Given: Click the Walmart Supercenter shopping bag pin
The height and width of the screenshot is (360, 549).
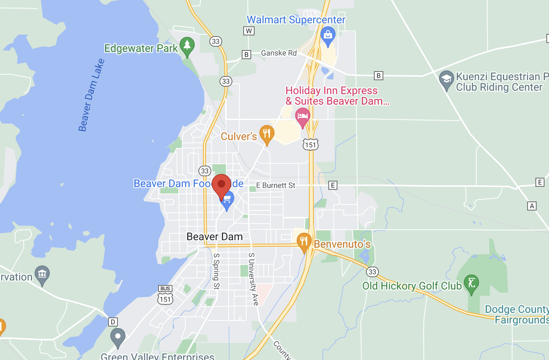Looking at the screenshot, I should [x=328, y=35].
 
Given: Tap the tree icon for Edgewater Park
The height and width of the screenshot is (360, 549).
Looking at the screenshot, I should [x=187, y=46].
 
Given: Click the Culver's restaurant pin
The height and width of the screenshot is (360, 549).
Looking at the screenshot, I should [x=267, y=134].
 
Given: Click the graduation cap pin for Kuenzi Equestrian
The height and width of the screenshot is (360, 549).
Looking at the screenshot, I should [x=447, y=79].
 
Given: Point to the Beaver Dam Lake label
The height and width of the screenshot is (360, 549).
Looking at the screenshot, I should [x=91, y=95].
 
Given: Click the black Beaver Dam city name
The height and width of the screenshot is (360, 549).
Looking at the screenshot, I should [x=215, y=236].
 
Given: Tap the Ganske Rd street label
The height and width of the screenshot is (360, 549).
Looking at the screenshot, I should [x=279, y=53].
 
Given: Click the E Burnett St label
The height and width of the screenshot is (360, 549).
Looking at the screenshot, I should [x=276, y=185].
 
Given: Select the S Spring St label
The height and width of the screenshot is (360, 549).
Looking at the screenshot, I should [x=217, y=271].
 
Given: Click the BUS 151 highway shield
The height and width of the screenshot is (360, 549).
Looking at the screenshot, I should [x=165, y=295].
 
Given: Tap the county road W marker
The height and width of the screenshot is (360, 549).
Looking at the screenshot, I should [x=249, y=31].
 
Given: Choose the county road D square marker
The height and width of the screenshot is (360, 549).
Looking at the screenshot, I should [x=113, y=322].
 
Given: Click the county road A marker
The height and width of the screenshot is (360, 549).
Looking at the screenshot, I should [x=532, y=206].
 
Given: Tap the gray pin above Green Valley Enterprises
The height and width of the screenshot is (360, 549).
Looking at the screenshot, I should [x=118, y=337].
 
